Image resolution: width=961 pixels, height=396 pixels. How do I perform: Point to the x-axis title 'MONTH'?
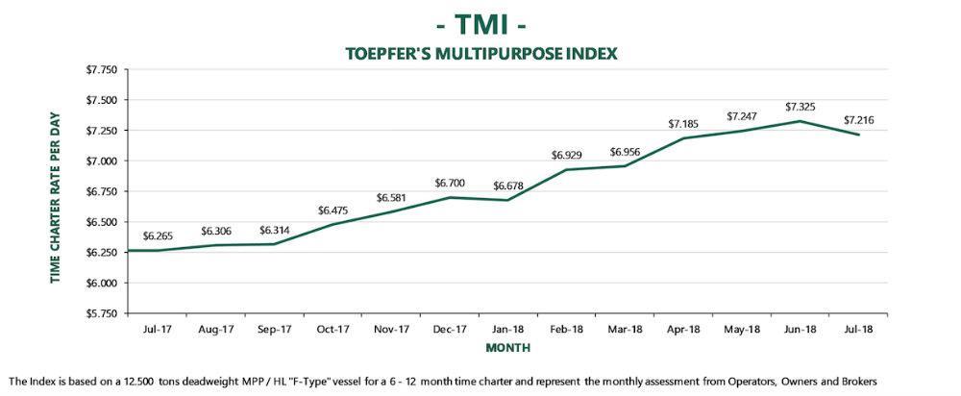(x=507, y=346)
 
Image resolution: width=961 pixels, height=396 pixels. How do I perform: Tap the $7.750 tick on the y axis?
(x=102, y=70)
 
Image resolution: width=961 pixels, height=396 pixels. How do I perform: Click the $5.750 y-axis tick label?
(x=102, y=313)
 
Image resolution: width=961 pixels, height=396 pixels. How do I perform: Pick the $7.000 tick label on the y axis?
(x=102, y=161)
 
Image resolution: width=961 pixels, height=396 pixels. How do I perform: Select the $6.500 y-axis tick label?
(x=102, y=222)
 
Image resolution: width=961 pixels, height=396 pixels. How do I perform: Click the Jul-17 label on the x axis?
(x=157, y=329)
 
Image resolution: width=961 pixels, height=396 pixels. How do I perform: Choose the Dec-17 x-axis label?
(x=449, y=329)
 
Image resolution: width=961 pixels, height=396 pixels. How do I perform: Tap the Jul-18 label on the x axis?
(x=859, y=329)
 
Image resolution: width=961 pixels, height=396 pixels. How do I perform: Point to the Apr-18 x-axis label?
(x=683, y=329)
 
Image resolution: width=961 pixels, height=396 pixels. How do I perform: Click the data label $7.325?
(x=801, y=106)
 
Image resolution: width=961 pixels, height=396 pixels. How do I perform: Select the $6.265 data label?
(x=159, y=235)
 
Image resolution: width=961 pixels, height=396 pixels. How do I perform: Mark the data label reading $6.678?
(x=508, y=186)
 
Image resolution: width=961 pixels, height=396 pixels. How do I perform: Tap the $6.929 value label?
(x=567, y=155)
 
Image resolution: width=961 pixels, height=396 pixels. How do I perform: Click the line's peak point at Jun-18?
(x=801, y=121)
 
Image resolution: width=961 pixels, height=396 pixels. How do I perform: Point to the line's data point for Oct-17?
(x=333, y=225)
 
